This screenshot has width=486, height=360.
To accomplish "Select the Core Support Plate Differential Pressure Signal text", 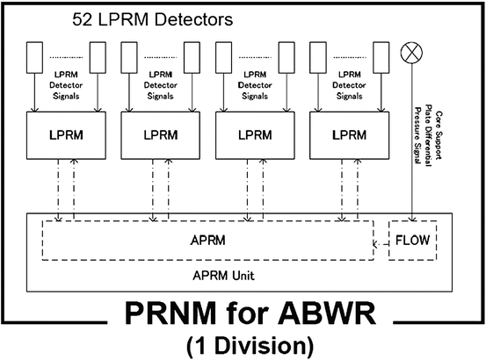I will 431,136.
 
